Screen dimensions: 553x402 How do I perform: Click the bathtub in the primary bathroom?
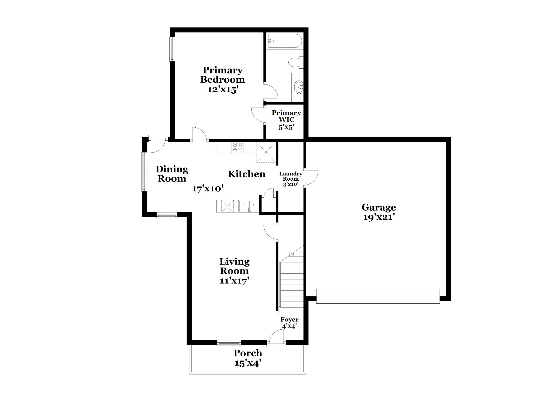(x=284, y=41)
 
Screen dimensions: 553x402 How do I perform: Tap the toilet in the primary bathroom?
(x=295, y=62)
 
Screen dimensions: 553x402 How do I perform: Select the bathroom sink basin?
(x=299, y=87)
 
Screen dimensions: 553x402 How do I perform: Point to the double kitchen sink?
(x=249, y=206)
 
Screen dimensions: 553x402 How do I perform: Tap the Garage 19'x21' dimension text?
(x=379, y=217)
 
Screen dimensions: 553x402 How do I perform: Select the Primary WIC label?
(x=286, y=116)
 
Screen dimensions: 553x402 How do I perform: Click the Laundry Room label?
(x=291, y=176)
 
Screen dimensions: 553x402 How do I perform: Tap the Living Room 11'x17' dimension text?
(x=234, y=281)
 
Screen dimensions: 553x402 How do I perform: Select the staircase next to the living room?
(x=291, y=279)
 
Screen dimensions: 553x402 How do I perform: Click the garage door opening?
(x=378, y=296)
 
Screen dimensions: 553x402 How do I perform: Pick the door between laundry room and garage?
(x=311, y=178)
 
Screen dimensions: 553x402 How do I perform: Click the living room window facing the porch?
(x=229, y=343)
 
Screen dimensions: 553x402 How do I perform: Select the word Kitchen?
(x=247, y=174)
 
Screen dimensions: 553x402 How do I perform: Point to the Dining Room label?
(x=172, y=174)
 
